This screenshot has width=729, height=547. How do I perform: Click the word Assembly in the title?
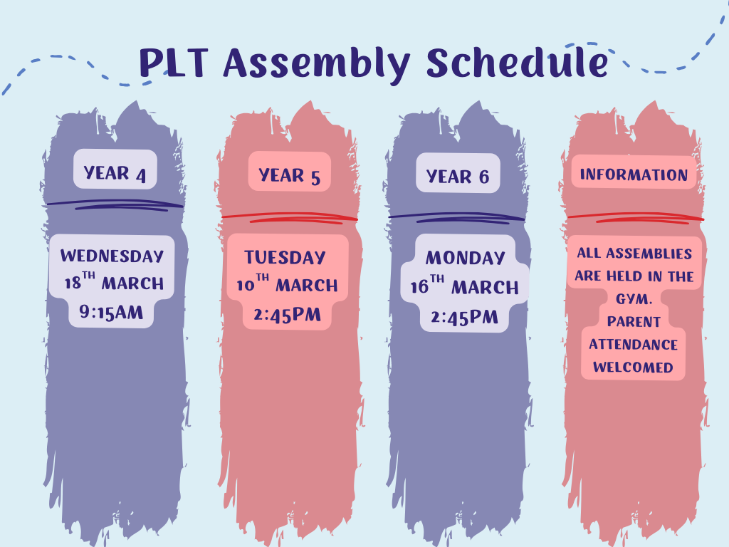pos(317,64)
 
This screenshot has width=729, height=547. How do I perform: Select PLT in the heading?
pos(173,63)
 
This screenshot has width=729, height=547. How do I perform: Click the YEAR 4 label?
pos(115,174)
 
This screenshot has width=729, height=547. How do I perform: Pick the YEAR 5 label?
pos(289,176)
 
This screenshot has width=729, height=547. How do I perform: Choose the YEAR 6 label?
pos(458,177)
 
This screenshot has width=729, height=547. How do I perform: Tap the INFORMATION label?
pos(634,174)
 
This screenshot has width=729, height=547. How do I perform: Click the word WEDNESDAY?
pos(112,256)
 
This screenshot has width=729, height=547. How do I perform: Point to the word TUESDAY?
pos(285,257)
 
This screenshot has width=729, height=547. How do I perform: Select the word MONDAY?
pos(465,258)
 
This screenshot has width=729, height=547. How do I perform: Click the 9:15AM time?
pos(111,312)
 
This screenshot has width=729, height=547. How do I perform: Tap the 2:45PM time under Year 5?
pos(288,314)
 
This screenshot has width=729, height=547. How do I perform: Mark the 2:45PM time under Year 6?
pos(464,317)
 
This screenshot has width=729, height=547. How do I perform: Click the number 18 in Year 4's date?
pos(73,283)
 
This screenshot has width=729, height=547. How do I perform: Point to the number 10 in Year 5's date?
pos(245,285)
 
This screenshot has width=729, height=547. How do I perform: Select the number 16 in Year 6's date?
pos(419,287)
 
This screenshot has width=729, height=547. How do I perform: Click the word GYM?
pos(634,298)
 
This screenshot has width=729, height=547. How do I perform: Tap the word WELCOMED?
pos(633,367)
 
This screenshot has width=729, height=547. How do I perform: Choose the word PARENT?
pos(634,321)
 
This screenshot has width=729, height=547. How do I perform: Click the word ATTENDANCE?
pos(633,344)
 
